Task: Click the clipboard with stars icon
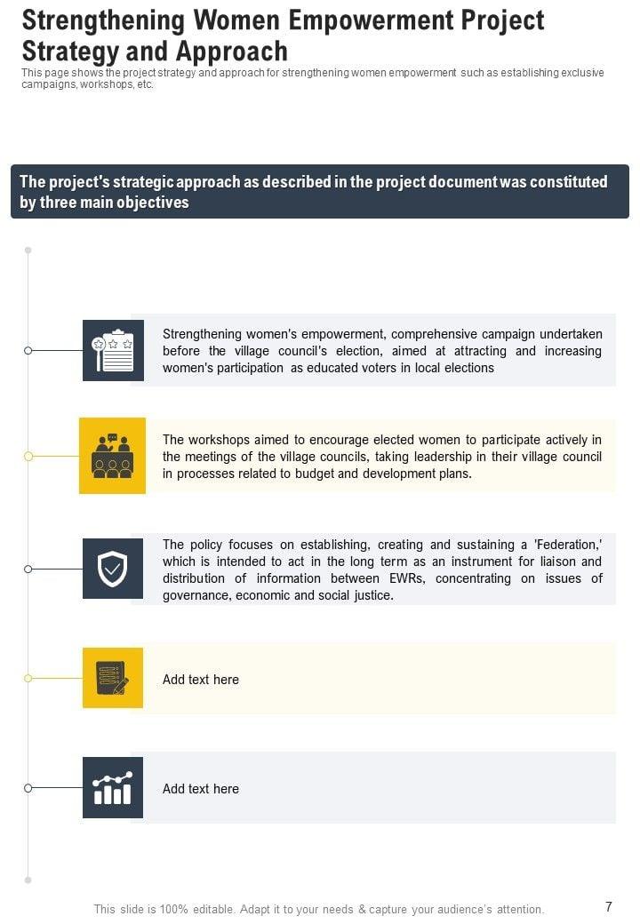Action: pyautogui.click(x=113, y=350)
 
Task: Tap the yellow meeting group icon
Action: pyautogui.click(x=112, y=456)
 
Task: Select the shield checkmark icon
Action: pyautogui.click(x=113, y=569)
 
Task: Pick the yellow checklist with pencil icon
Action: pyautogui.click(x=113, y=678)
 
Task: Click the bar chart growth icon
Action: pyautogui.click(x=113, y=787)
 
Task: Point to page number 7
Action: pyautogui.click(x=609, y=907)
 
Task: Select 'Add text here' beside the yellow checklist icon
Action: pyautogui.click(x=201, y=680)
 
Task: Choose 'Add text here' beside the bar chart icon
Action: pyautogui.click(x=201, y=789)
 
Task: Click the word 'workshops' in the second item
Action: pyautogui.click(x=219, y=440)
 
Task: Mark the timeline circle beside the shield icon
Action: pyautogui.click(x=28, y=569)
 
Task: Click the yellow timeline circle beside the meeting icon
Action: pyautogui.click(x=28, y=456)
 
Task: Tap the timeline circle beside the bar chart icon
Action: pyautogui.click(x=28, y=788)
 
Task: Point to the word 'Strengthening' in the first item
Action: pyautogui.click(x=202, y=334)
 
